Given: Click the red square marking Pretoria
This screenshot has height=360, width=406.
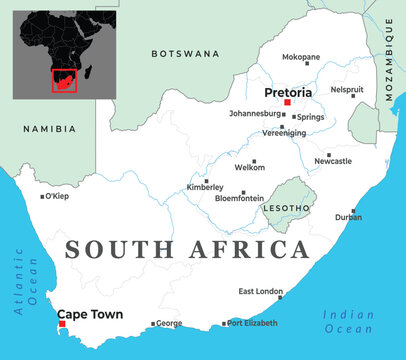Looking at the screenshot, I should [287, 103].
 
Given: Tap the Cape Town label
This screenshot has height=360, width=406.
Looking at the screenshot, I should [91, 314].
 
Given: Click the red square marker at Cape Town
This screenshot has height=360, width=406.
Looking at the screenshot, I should [62, 324].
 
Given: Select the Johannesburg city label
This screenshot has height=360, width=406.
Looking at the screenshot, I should [259, 114].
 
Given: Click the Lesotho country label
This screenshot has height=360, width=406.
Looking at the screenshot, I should [286, 208].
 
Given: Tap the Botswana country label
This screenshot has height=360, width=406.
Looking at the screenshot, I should [185, 52].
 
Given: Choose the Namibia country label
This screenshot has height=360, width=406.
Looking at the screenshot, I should [49, 128].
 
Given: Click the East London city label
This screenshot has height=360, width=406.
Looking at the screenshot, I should [261, 291].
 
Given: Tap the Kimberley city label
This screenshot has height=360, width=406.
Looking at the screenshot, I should [206, 188].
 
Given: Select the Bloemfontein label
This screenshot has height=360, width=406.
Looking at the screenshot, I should [240, 198].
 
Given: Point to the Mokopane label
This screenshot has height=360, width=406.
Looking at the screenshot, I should [301, 57].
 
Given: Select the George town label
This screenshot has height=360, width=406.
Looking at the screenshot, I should [169, 323].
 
